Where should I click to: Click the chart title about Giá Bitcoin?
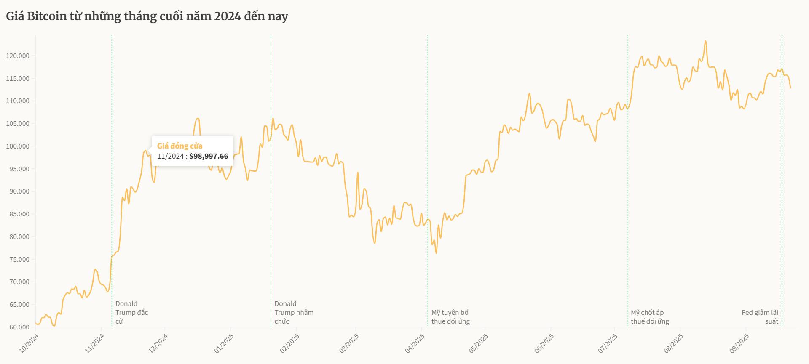point(147,16)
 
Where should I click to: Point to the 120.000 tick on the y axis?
point(18,56)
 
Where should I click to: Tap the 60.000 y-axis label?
point(19,327)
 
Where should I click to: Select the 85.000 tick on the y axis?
point(19,214)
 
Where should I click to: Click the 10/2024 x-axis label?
point(29,343)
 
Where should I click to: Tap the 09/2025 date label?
point(739,343)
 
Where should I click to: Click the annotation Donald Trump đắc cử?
point(131,312)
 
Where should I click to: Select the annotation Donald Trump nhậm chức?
point(294,312)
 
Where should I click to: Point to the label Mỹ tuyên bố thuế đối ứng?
point(450,317)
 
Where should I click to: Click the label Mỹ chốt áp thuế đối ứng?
point(650,317)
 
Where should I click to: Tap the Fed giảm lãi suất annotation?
point(760,317)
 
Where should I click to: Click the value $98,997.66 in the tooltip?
point(209,156)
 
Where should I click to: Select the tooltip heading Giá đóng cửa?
point(179,146)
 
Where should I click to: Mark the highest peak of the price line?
point(705,41)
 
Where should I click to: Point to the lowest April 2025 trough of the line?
point(436,253)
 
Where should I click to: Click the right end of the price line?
point(790,88)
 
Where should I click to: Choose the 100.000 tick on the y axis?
point(18,146)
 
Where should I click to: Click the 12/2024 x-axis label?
point(158,343)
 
